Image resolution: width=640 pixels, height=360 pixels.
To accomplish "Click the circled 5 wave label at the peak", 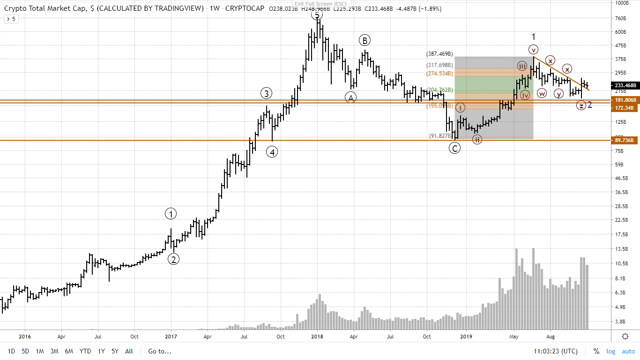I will click(317, 15).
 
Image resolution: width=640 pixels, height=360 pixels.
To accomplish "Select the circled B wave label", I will click(365, 40).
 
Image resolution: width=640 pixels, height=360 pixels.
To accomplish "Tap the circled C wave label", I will click(454, 148).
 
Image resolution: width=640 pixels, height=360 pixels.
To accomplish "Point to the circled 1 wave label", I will click(171, 214).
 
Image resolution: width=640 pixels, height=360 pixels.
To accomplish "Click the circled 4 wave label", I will click(272, 152).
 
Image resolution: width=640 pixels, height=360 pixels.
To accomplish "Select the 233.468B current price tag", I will click(625, 85).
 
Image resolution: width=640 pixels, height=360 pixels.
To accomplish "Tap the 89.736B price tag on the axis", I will click(625, 140).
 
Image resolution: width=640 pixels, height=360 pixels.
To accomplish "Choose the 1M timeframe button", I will click(40, 351).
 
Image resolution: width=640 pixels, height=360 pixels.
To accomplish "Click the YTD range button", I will click(85, 351).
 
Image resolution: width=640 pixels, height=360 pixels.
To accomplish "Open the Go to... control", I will click(160, 351).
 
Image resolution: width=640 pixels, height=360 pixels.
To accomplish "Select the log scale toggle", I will click(611, 351).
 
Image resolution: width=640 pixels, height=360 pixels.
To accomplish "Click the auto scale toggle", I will click(628, 351).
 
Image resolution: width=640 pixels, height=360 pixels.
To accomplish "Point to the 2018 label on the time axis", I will click(317, 336).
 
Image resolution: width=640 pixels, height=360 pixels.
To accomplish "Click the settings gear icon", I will click(625, 336).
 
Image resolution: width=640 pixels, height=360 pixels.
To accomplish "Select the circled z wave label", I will click(581, 105).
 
